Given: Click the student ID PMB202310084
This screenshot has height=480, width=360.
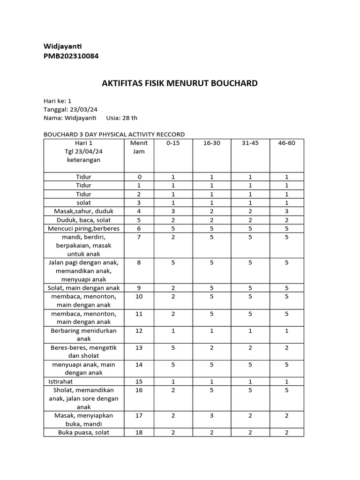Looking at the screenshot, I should [71, 56].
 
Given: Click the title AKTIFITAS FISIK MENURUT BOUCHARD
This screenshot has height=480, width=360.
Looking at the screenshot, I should [180, 83].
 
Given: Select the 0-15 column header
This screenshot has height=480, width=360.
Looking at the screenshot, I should [173, 143].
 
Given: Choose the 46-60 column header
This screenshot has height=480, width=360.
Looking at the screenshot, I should [286, 143].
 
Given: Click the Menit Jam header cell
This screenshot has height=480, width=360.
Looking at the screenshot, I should [139, 147].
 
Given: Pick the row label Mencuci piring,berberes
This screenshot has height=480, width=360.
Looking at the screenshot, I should [83, 228].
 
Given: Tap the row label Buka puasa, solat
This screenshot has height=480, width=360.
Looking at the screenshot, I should [83, 432].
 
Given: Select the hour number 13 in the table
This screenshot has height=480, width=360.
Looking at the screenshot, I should [139, 347].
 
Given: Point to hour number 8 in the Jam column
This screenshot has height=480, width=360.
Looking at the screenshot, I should [139, 262].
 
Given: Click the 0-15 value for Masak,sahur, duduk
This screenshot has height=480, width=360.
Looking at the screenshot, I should [173, 211].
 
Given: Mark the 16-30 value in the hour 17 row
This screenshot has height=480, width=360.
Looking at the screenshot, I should [212, 415].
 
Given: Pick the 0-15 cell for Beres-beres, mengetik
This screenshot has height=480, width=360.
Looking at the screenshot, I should [173, 347].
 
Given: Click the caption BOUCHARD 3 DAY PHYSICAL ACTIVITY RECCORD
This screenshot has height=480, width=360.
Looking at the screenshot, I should [114, 135].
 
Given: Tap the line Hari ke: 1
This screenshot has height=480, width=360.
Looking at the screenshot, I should [57, 101].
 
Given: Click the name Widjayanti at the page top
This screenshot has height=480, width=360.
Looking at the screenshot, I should [62, 46].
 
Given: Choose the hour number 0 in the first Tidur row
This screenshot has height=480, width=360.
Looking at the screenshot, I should [139, 177].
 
